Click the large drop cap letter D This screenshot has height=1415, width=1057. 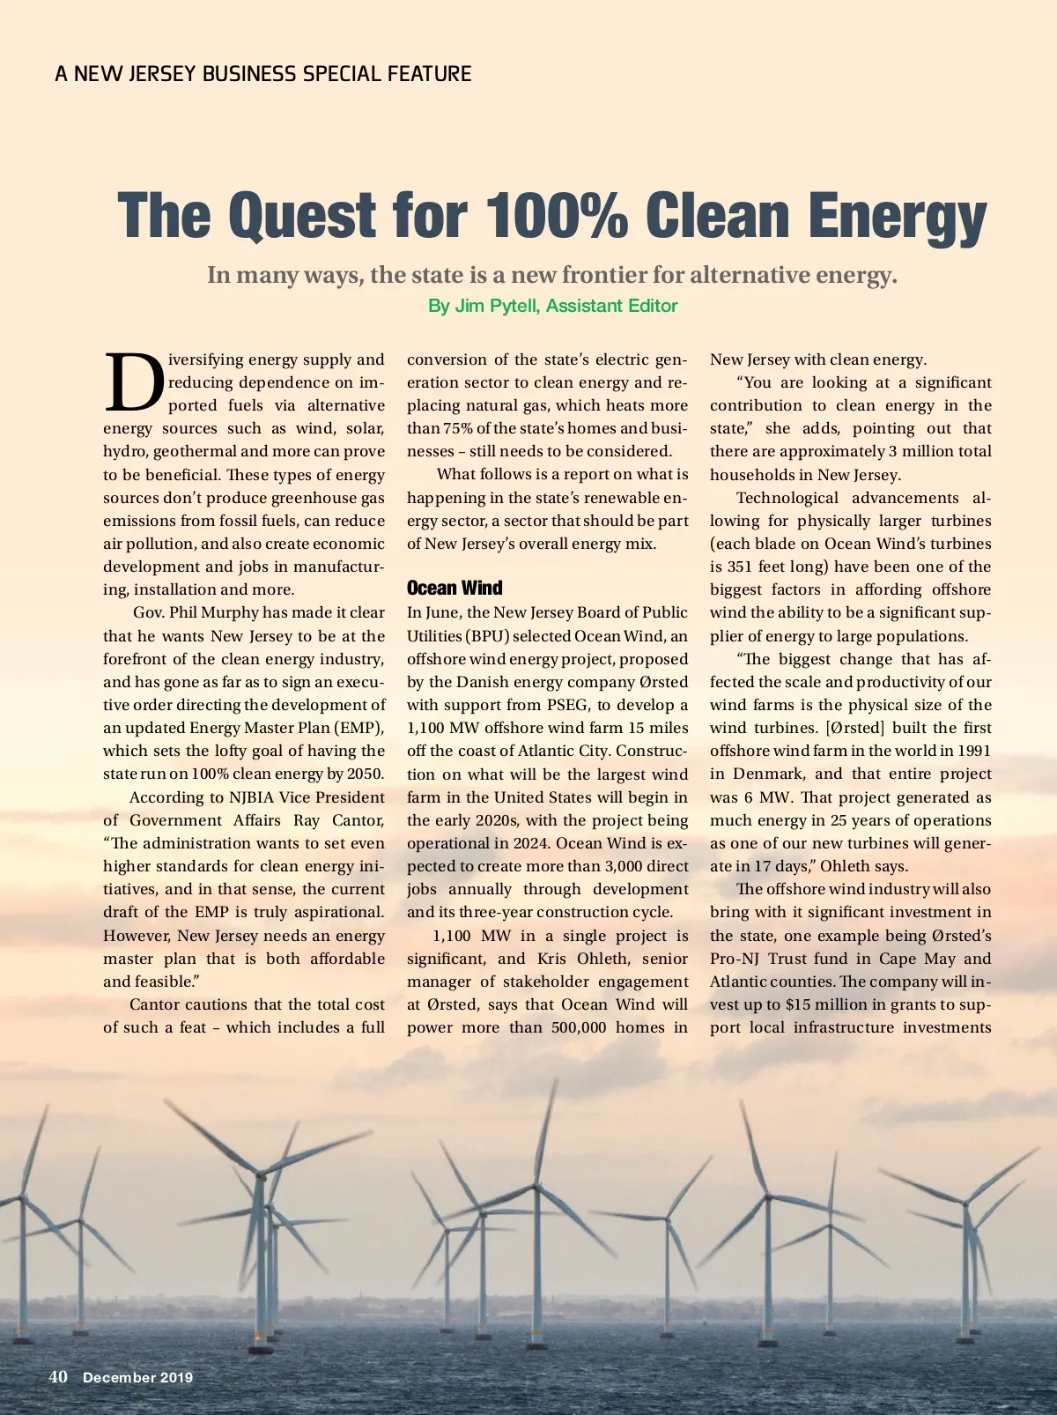click(x=134, y=383)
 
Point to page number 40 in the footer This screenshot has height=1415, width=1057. click(x=58, y=1376)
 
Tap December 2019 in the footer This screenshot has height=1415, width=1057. click(x=137, y=1377)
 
